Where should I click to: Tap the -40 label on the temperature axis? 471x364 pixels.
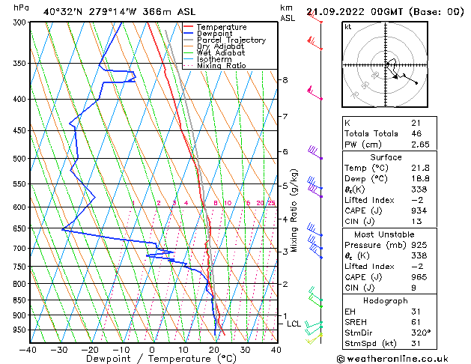point(28,349)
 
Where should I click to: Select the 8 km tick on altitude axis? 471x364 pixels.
point(285,79)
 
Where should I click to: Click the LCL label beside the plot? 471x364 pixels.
point(294,324)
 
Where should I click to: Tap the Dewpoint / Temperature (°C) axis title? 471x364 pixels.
point(152,359)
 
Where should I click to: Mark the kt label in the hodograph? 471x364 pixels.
point(348,26)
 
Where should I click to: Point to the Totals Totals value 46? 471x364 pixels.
point(416,133)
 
